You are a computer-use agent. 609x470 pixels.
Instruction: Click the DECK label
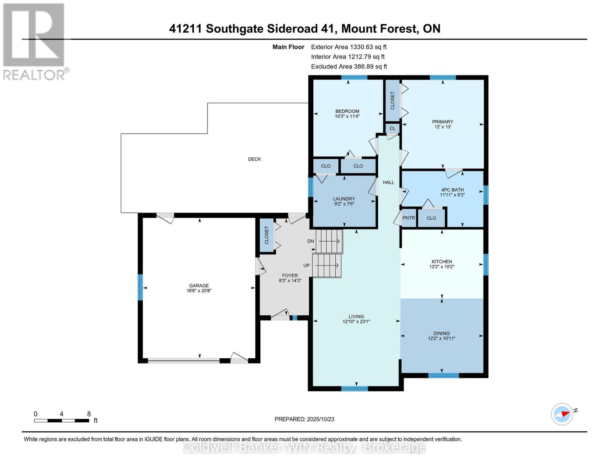[x=254, y=159]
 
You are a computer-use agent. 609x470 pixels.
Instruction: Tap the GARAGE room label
[x=199, y=286]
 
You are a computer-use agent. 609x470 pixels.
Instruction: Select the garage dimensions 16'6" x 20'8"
[x=199, y=291]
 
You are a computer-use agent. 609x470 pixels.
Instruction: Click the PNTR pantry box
[x=409, y=218]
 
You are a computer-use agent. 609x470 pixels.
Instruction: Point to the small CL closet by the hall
[x=392, y=128]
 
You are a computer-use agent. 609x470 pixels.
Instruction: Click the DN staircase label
[x=311, y=241]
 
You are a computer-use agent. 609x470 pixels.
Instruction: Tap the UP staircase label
[x=307, y=266]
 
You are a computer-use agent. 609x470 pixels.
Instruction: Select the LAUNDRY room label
[x=344, y=199]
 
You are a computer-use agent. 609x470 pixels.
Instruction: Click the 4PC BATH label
[x=452, y=190]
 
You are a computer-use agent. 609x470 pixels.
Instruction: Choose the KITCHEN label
[x=442, y=262]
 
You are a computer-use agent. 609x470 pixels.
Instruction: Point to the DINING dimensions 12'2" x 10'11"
[x=442, y=338]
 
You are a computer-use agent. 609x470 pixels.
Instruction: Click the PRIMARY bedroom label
[x=442, y=122]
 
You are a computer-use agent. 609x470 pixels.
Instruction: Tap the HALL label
[x=389, y=183]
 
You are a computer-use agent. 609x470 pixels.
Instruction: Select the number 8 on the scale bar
[x=89, y=414]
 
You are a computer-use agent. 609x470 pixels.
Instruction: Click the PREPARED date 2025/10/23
[x=304, y=419]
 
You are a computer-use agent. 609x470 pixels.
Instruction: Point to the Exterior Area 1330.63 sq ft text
[x=349, y=47]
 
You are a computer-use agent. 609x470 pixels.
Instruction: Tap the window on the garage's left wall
[x=140, y=287]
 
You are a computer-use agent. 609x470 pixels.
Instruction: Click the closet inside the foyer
[x=267, y=235]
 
